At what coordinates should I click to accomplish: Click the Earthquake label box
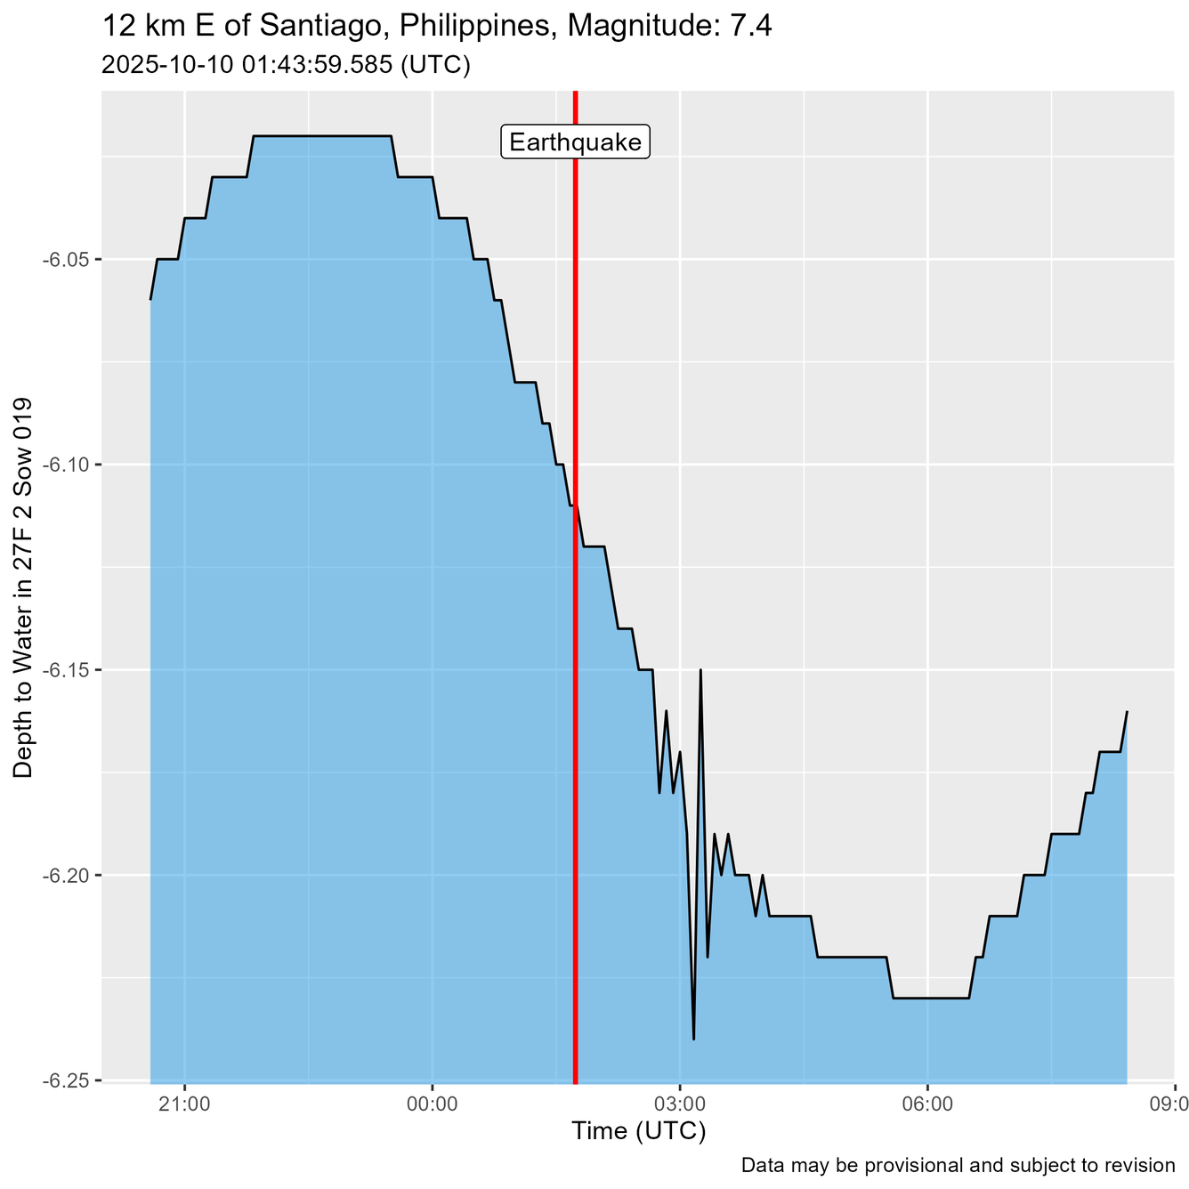point(576,142)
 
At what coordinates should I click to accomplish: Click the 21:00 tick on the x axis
point(184,1104)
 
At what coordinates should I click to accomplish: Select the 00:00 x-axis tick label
point(432,1104)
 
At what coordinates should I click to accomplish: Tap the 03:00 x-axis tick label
point(680,1104)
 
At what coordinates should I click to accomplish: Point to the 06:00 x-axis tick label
point(927,1104)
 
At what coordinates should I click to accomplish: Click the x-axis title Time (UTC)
point(638,1131)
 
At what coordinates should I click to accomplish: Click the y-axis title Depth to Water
point(24,587)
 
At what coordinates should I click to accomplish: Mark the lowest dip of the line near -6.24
point(693,1039)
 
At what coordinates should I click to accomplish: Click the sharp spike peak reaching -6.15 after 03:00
point(701,670)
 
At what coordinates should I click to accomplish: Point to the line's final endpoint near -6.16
point(1127,712)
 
